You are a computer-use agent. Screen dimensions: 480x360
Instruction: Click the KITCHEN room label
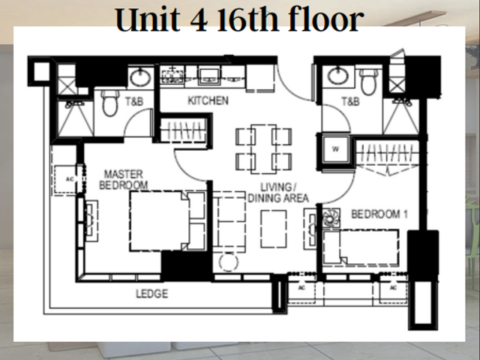point(208,100)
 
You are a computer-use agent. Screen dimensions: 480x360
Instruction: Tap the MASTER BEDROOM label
point(124,180)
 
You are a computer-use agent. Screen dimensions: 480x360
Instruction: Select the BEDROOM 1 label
point(379,214)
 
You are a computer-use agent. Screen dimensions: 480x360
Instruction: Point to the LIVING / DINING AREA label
point(278,193)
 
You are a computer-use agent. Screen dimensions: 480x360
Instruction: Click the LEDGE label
point(152,294)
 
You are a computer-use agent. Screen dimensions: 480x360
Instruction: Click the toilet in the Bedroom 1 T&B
point(368,81)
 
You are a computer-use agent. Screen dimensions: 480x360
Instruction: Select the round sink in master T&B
point(140,77)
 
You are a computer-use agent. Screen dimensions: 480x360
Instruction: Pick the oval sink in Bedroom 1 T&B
point(337,75)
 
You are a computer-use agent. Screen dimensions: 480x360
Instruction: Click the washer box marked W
point(335,149)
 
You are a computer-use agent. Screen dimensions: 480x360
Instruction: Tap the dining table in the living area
point(263,149)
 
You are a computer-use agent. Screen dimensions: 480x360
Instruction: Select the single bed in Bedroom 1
point(361,247)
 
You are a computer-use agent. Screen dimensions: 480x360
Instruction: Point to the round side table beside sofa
point(228,262)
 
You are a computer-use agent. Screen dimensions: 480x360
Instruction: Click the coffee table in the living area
point(274,229)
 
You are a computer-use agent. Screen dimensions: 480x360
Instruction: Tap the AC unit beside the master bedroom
point(68,180)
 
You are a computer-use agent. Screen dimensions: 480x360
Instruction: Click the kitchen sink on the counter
point(209,76)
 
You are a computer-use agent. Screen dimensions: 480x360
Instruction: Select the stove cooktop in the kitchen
point(172,75)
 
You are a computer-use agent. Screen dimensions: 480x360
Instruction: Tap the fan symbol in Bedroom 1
point(331,218)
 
